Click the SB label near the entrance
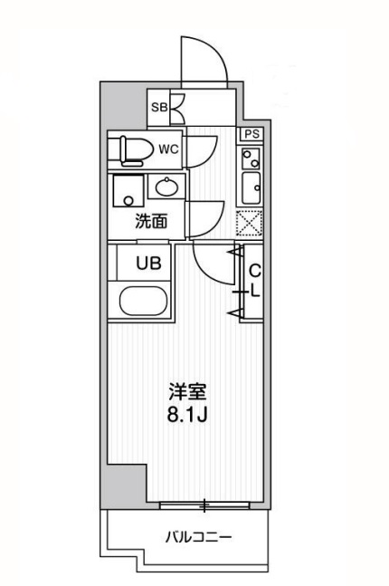click(x=158, y=107)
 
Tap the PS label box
click(x=251, y=134)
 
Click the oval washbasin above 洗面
click(x=166, y=187)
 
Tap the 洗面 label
click(x=152, y=220)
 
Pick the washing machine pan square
click(x=127, y=191)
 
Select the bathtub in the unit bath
click(x=143, y=301)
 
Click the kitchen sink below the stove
click(x=250, y=190)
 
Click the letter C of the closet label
click(x=254, y=270)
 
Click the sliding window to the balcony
click(x=205, y=504)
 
